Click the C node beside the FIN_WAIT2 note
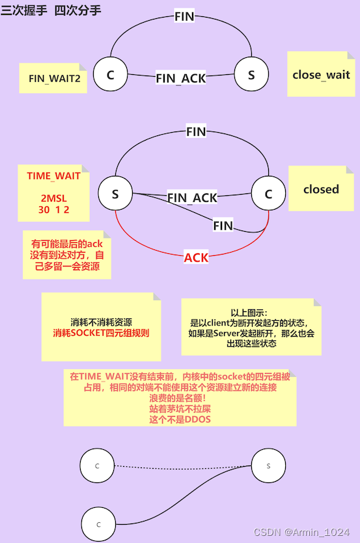110,74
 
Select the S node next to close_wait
251,74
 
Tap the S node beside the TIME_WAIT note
115,193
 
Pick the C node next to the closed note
268,193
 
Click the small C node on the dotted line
97,466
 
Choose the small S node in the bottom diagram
268,466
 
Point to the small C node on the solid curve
99,524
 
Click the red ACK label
197,257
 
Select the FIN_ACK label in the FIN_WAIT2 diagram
180,78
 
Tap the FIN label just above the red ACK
223,226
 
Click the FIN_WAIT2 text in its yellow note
54,78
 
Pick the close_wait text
321,74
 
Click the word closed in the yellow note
321,189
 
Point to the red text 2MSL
53,198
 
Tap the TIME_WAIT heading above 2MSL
53,176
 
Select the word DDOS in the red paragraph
197,419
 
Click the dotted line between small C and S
182,466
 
